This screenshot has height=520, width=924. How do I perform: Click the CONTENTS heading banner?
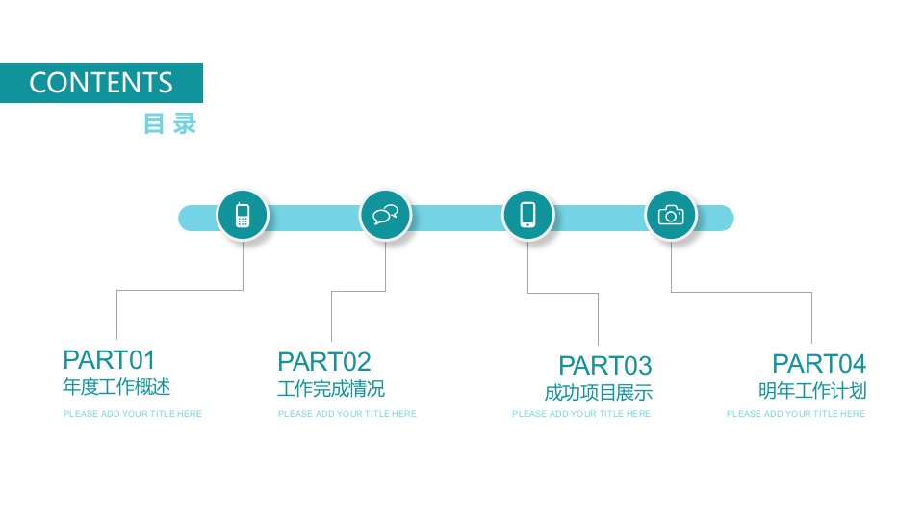[101, 83]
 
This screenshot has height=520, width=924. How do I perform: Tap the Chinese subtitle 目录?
[169, 124]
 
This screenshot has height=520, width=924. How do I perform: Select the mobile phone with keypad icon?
[243, 215]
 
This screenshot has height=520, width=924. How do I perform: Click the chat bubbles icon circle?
[385, 215]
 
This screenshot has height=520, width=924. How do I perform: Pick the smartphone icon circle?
[528, 215]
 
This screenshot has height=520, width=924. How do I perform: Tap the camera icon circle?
[671, 215]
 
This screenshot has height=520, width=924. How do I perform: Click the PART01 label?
[109, 359]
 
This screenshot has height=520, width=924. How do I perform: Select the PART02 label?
[324, 361]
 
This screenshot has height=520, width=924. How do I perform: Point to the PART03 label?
[605, 366]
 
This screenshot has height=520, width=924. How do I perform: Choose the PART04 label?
[819, 364]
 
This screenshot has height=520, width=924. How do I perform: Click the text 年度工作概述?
[116, 387]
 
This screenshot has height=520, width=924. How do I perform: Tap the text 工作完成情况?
[331, 388]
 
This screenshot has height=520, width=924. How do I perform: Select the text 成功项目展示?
[599, 393]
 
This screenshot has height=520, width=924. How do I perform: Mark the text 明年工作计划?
[812, 390]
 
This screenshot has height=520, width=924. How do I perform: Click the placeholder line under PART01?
[133, 414]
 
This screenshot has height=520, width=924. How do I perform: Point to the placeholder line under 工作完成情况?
[347, 414]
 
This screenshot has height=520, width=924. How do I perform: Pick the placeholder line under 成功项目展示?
[581, 414]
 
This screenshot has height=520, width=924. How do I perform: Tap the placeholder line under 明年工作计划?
[796, 414]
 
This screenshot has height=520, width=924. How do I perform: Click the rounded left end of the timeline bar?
[185, 219]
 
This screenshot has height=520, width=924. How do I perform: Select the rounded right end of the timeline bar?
[728, 219]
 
